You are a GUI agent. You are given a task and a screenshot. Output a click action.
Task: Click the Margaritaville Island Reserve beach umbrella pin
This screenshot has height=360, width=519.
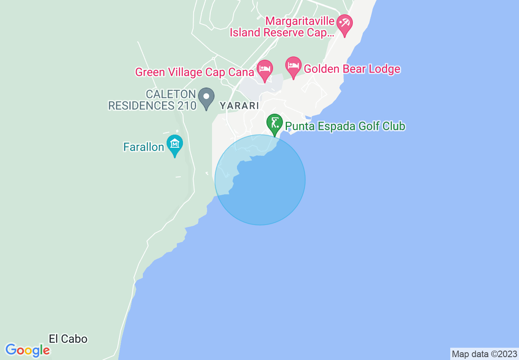pos(344,23)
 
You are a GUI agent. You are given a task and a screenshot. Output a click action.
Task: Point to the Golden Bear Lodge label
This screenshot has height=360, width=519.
pos(352,69)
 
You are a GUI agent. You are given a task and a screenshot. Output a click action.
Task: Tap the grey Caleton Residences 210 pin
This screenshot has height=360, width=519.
pos(206,97)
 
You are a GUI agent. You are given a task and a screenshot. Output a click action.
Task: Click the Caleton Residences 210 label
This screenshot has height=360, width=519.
pos(152,100)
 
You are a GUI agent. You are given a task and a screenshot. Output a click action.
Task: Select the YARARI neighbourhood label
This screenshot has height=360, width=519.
pos(239,106)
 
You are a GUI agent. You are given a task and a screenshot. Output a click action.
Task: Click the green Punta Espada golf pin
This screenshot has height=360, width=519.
pos(274,122)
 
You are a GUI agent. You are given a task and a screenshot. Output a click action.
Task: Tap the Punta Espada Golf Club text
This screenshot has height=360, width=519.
pos(345,126)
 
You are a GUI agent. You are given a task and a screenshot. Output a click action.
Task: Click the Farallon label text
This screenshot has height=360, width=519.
pos(144,147)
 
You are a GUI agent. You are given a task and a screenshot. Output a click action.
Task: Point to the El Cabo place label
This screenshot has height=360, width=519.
pos(68,339)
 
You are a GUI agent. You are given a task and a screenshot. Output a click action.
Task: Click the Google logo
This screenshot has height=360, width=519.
pos(27,350)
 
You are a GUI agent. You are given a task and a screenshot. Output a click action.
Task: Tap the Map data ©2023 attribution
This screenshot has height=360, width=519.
pos(484,354)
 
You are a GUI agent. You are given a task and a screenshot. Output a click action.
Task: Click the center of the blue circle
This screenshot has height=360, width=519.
pos(260,180)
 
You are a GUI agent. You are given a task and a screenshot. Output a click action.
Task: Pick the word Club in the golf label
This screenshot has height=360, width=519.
pos(394,126)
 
